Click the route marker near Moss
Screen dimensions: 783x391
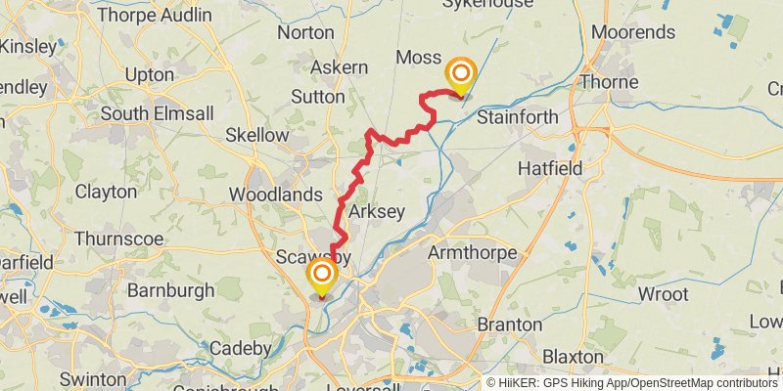point(460,75)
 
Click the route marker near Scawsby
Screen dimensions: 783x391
point(321,276)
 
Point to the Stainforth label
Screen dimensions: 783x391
point(517,117)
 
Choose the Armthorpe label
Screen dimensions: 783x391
point(471,253)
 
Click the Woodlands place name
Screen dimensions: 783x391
point(275,195)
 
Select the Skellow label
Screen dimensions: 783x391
point(256,135)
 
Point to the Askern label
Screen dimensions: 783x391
point(339,67)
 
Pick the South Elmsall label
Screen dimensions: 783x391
point(157,113)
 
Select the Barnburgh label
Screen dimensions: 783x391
point(170,290)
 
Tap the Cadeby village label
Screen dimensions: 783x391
point(240,348)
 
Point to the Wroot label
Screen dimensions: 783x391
point(665,294)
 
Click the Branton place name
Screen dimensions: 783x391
point(509,324)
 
